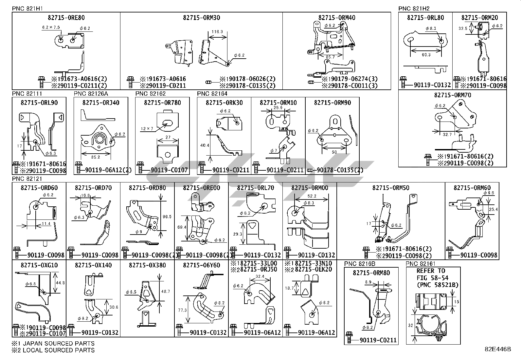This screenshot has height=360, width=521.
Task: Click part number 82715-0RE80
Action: [66, 18]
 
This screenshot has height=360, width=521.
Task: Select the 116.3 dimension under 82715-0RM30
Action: [217, 32]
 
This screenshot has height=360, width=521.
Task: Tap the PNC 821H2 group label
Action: [414, 9]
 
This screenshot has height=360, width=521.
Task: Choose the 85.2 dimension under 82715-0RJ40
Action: [96, 157]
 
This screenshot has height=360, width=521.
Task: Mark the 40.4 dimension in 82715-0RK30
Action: [205, 145]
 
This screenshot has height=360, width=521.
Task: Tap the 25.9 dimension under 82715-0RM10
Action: [278, 107]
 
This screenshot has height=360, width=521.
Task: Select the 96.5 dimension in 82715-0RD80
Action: [167, 217]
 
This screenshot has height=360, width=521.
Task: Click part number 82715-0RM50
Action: [390, 188]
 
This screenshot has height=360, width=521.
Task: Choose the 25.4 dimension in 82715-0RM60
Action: [493, 209]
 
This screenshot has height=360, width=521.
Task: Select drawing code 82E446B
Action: [498, 349]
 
